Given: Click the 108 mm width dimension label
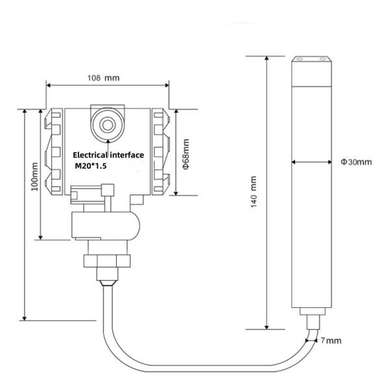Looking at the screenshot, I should click(x=104, y=77).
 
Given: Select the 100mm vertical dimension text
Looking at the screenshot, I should click(x=34, y=175).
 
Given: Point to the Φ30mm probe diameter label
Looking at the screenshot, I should click(x=356, y=161).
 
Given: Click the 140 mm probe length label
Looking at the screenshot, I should click(x=254, y=191).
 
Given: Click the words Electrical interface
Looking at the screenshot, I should click(x=108, y=156).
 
